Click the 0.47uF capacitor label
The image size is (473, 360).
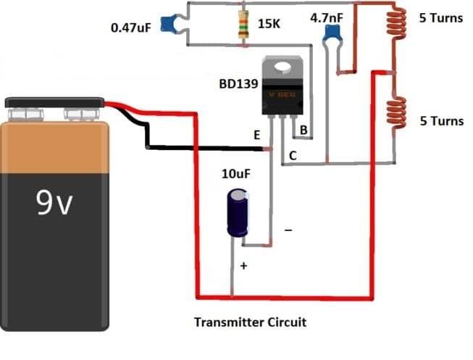(130, 29)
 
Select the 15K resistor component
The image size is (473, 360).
(241, 25)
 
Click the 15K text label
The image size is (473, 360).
(269, 24)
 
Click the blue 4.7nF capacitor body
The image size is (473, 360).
(332, 33)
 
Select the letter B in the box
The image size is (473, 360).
(304, 130)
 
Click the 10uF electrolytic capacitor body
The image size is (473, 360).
(238, 212)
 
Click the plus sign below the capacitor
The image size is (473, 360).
(243, 267)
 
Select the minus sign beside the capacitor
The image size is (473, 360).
(288, 231)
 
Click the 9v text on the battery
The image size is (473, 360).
(54, 206)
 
